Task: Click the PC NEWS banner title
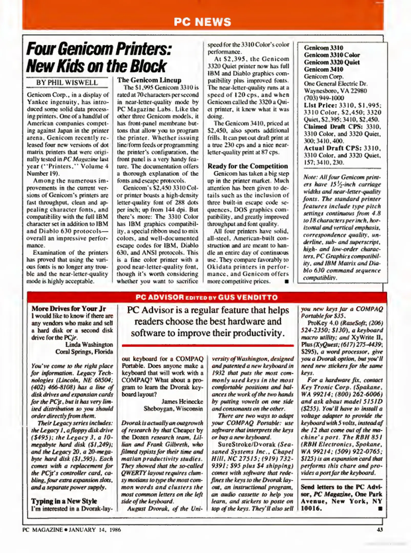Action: [x=202, y=22]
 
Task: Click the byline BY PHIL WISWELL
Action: [x=67, y=82]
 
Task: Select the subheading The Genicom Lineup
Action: [x=149, y=80]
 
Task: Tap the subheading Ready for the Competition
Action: [x=247, y=166]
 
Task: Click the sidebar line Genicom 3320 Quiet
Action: [x=332, y=62]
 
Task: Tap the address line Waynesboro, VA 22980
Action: [x=335, y=91]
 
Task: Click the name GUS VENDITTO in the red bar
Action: [x=248, y=297]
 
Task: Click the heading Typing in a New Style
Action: [x=64, y=501]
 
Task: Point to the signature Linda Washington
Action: [x=89, y=345]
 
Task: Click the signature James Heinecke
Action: [x=182, y=401]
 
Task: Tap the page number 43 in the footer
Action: [x=380, y=529]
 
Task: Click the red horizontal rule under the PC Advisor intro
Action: [x=208, y=345]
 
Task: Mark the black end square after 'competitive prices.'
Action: [x=287, y=282]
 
